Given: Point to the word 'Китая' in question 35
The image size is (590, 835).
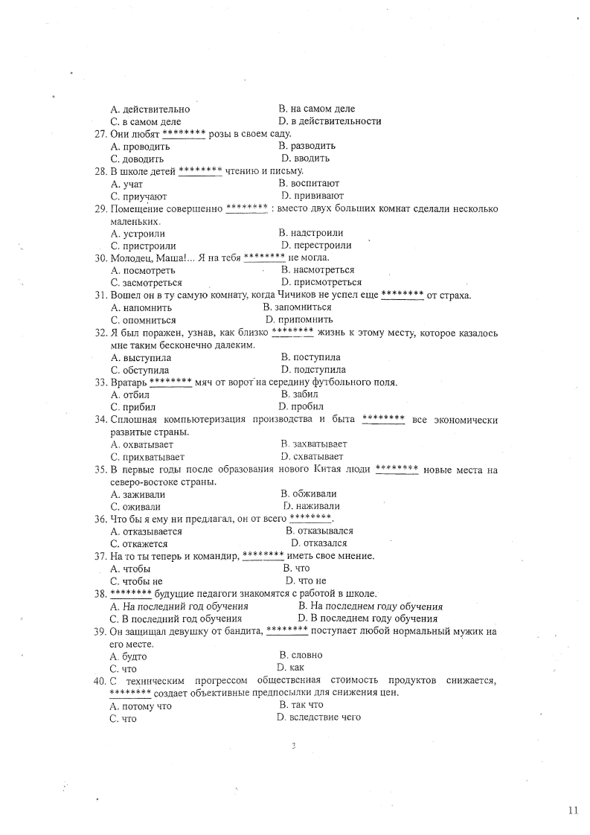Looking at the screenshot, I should click(x=330, y=470).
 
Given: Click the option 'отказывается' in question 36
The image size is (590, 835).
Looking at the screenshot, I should click(x=152, y=532).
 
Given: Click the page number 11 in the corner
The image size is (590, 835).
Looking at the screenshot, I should click(x=572, y=810).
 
